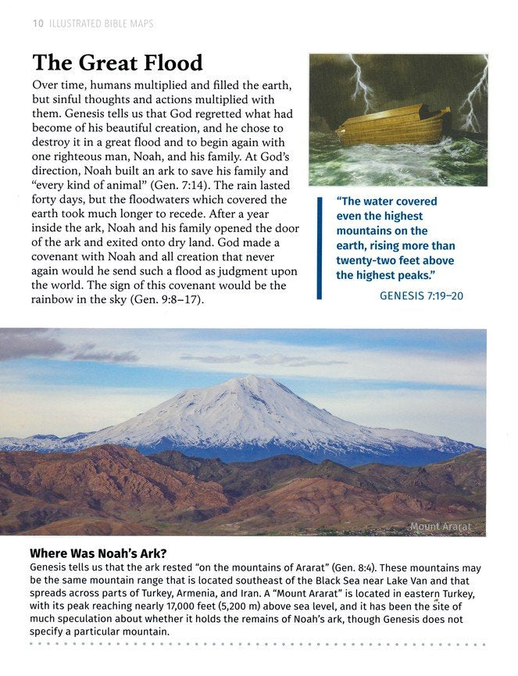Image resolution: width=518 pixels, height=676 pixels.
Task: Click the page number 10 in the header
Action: (38, 23)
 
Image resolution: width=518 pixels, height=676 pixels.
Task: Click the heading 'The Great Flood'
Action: (117, 63)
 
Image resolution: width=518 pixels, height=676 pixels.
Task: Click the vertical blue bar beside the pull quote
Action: (320, 248)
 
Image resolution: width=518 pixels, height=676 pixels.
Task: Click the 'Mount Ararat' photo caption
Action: (441, 527)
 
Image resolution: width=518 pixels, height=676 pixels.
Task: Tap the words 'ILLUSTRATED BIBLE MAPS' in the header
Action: (102, 23)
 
